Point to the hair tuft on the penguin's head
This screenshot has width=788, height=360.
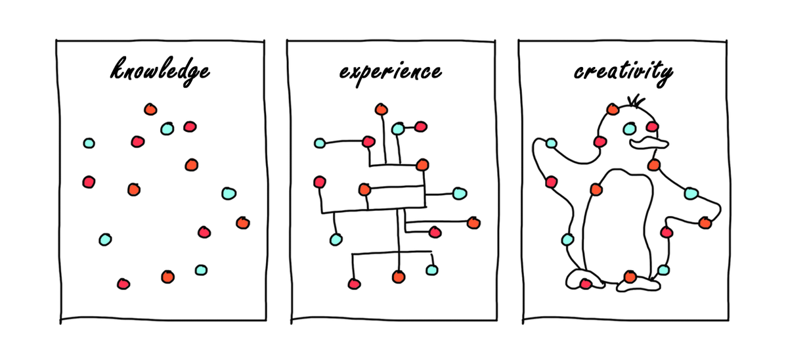click(634, 101)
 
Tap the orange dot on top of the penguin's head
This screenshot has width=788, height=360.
click(613, 109)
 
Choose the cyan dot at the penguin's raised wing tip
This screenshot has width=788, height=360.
click(551, 143)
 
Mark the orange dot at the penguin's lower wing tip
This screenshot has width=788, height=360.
click(705, 223)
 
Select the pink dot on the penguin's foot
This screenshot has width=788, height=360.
click(585, 284)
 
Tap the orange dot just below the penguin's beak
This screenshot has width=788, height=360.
click(654, 164)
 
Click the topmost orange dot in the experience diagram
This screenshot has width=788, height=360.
click(380, 109)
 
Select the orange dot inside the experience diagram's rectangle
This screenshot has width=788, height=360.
click(364, 190)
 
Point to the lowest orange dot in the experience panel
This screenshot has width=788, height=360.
click(399, 277)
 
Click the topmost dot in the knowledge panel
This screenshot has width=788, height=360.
click(150, 109)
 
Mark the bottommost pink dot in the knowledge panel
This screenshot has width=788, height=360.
click(123, 284)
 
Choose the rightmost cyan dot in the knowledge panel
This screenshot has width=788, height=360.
click(229, 193)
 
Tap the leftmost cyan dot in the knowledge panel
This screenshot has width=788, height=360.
click(89, 143)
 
